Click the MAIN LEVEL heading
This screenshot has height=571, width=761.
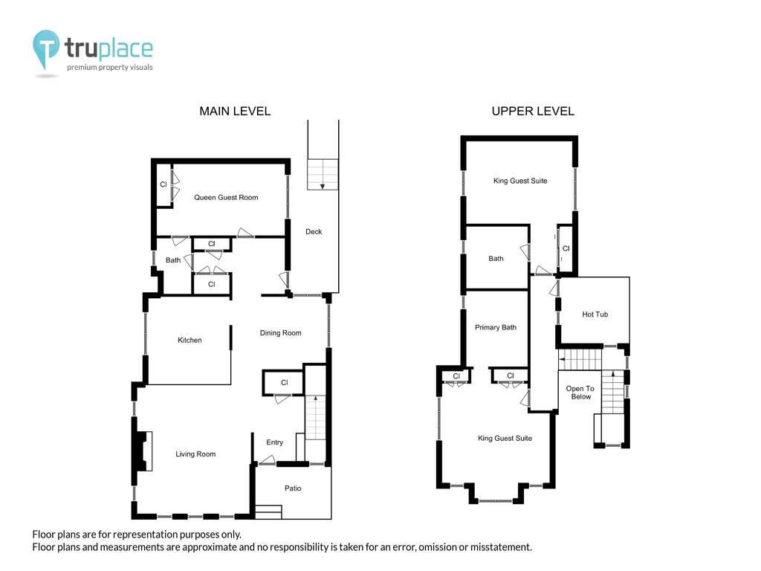[x=235, y=112]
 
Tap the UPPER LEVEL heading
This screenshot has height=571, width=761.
[x=533, y=112]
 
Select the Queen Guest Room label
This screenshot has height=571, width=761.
[x=226, y=198]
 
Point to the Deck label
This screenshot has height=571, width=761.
[x=314, y=232]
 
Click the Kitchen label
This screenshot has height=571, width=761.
[x=190, y=341]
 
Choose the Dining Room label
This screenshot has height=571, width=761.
[x=280, y=333]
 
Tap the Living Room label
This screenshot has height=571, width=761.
[x=195, y=454]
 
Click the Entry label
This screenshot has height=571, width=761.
[x=275, y=442]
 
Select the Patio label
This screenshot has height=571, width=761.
[x=293, y=488]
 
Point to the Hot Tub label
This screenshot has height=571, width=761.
[x=595, y=314]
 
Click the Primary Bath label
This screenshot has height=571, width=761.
[x=496, y=327]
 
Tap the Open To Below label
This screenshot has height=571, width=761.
[x=580, y=393]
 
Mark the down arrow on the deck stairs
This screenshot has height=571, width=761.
[x=323, y=186]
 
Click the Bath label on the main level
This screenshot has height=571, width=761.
[x=173, y=260]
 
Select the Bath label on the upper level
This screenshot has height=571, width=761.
[x=496, y=259]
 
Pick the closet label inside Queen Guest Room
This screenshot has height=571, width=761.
[x=163, y=184]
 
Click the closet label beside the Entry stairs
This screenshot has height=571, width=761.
[x=285, y=383]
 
